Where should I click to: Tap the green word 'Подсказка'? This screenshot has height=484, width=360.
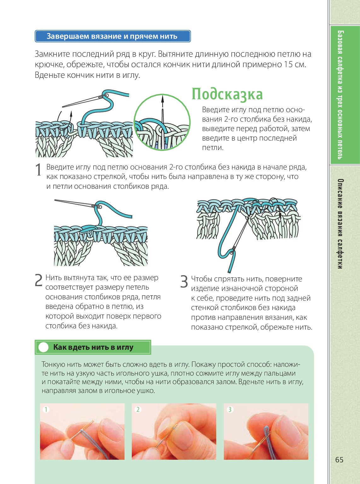point(227,94)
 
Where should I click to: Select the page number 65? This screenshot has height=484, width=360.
point(339,460)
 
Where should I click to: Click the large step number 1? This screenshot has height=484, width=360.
point(38,170)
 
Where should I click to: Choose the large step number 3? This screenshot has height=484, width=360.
point(184,281)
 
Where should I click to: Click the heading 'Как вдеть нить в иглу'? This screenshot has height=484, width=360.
point(93,347)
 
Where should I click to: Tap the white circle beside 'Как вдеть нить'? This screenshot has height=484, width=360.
point(44,347)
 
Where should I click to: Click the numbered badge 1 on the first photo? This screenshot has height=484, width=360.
point(46,410)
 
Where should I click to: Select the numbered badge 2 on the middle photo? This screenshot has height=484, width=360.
point(138,410)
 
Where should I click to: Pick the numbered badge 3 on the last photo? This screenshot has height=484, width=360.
point(230,410)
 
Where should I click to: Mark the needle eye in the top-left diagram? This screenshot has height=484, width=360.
point(105,95)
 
